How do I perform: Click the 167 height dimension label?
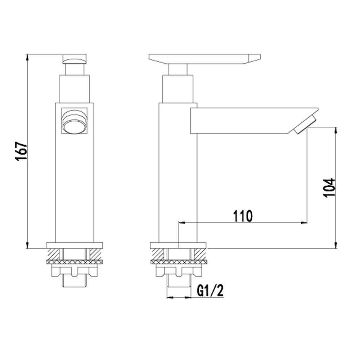pyautogui.click(x=21, y=152)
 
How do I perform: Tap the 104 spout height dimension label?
pyautogui.click(x=329, y=187)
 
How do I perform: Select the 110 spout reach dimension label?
pyautogui.click(x=243, y=216)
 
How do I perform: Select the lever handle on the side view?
pyautogui.click(x=204, y=59)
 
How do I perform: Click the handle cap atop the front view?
pyautogui.click(x=75, y=58)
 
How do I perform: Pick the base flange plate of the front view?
pyautogui.click(x=75, y=245)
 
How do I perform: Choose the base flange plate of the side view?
pyautogui.click(x=179, y=245)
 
